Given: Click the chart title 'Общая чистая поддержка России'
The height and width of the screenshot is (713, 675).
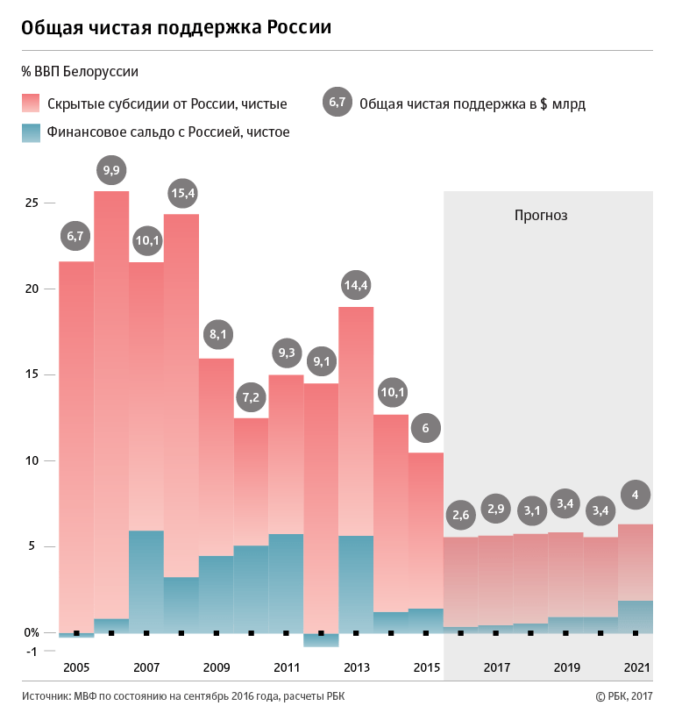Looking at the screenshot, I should coord(176,27).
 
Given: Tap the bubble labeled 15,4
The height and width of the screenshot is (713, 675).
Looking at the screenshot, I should coord(181,191).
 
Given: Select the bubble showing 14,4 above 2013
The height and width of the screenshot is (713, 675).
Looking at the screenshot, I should coord(356,284).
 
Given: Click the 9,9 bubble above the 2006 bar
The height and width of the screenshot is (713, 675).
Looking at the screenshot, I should coord(111,169).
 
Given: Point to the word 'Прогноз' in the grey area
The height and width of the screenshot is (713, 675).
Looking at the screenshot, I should coord(541,215).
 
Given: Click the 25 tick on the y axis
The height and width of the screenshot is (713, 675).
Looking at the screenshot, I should coord(32,203).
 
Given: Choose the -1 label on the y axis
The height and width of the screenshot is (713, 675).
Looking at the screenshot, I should coord(32,651).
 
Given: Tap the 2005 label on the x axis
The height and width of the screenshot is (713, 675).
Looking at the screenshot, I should coord(76,667).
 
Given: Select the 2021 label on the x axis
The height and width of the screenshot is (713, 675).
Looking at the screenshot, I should coord(636,667).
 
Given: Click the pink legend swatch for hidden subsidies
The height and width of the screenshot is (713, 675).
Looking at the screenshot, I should coord(31,103).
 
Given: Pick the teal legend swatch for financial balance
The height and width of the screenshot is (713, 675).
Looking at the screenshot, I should coord(31,132).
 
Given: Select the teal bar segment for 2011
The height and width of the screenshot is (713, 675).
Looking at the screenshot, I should coord(286,582).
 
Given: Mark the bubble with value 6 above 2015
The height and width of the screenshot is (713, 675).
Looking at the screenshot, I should coord(426,429).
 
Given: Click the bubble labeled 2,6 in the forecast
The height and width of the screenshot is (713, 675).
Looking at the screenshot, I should coord(461,514).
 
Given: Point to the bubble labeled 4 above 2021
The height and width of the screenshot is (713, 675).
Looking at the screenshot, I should coord(636,495).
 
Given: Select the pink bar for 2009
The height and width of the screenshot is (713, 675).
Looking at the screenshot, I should coord(216,456).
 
